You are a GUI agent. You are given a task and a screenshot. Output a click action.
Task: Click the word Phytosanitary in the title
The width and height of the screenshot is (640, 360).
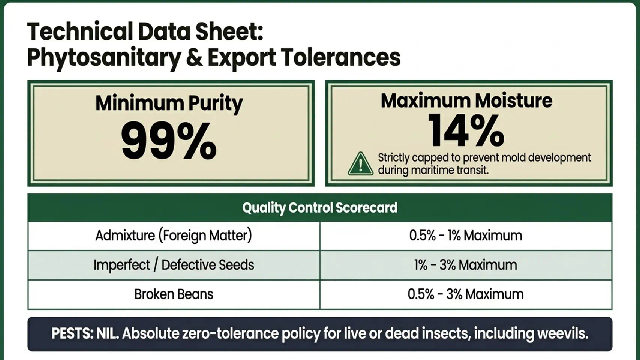[x=104, y=58]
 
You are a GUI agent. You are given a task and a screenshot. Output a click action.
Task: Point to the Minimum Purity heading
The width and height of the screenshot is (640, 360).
[x=169, y=103]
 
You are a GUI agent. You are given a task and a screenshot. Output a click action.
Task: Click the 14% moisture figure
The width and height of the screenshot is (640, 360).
[x=466, y=130]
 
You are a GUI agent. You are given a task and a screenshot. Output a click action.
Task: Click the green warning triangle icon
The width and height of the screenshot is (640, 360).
[x=361, y=164]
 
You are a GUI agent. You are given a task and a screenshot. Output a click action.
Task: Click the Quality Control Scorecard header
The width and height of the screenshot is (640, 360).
[x=320, y=208]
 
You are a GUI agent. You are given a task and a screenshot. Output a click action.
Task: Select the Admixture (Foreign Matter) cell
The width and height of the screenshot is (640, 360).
[x=174, y=236]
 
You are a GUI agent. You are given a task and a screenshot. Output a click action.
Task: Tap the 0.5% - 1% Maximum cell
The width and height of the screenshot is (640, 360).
[x=466, y=236]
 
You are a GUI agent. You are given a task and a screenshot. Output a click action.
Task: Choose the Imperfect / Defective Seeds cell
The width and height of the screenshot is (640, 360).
[x=174, y=265]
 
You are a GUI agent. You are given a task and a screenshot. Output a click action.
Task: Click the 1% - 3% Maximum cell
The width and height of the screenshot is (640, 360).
[x=466, y=265]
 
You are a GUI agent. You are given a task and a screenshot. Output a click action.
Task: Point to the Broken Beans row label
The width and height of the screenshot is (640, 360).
[x=174, y=294]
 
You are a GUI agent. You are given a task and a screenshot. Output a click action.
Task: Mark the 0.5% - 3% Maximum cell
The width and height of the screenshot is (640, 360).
[x=466, y=294]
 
